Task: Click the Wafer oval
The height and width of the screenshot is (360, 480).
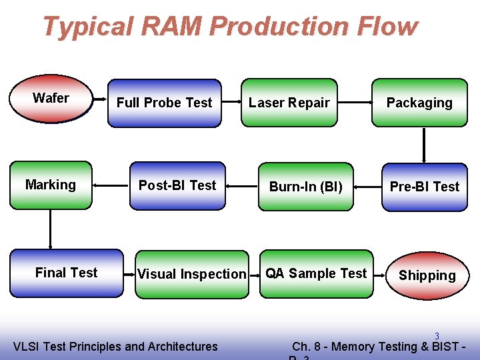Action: pyautogui.click(x=51, y=99)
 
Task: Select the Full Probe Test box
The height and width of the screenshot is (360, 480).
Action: pyautogui.click(x=164, y=103)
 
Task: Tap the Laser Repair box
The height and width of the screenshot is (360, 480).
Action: pyautogui.click(x=289, y=103)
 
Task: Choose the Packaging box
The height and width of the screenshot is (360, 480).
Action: pyautogui.click(x=419, y=103)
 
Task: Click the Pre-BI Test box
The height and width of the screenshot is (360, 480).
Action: pyautogui.click(x=425, y=187)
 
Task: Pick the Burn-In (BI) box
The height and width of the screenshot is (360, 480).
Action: pyautogui.click(x=305, y=187)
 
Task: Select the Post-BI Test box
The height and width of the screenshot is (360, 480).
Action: pyautogui.click(x=177, y=185)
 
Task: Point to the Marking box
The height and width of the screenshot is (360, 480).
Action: pyautogui.click(x=51, y=185)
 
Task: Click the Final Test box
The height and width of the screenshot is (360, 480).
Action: pyautogui.click(x=66, y=273)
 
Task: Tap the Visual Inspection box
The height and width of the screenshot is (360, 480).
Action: pyautogui.click(x=191, y=273)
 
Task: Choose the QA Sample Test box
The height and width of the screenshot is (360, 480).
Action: pyautogui.click(x=316, y=273)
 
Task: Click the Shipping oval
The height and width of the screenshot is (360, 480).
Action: pyautogui.click(x=427, y=275)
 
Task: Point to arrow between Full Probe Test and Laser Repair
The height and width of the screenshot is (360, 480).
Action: pyautogui.click(x=231, y=103)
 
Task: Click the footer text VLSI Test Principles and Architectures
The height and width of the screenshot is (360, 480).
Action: pyautogui.click(x=115, y=346)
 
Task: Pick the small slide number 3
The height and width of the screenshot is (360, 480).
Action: pyautogui.click(x=437, y=335)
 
